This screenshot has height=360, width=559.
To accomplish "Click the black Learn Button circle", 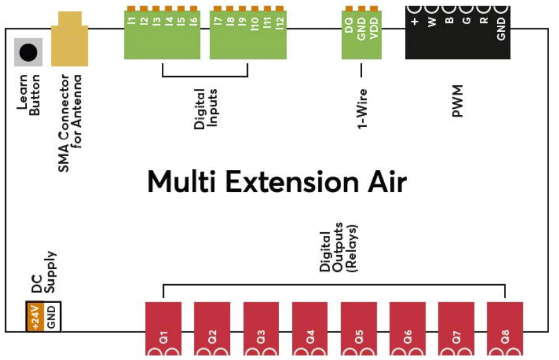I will tap(28, 52).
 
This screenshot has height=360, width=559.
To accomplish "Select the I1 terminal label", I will tap(131, 22).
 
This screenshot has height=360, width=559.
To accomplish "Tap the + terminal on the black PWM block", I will tap(415, 22).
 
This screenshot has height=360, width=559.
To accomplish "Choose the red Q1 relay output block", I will tap(163, 328).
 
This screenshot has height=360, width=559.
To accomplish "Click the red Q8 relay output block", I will tap(505, 328).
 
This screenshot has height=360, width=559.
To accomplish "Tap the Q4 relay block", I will tap(309, 328).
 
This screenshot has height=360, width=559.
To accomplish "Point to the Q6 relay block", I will tap(407, 328).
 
